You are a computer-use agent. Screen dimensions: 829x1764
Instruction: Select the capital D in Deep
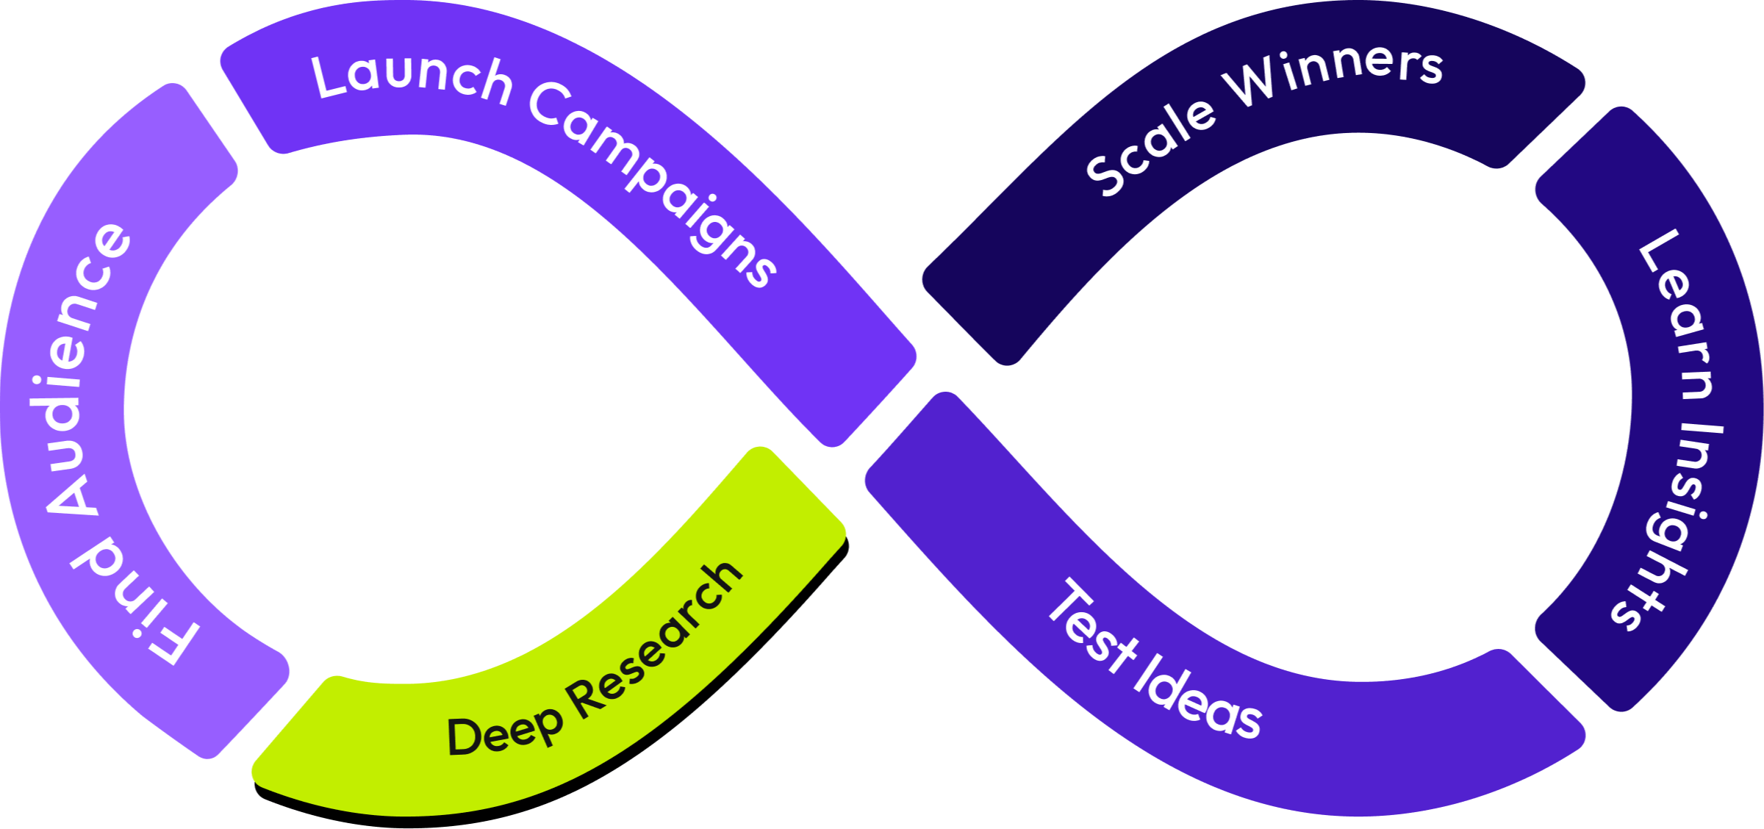click(465, 737)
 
